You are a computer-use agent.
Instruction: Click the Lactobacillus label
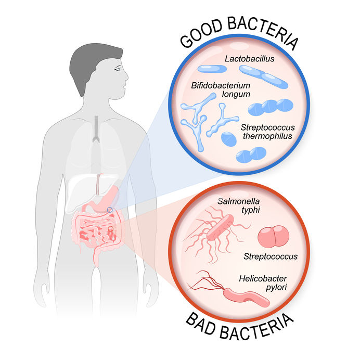(250, 59)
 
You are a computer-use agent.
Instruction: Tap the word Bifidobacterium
(221, 85)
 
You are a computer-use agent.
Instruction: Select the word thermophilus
(267, 136)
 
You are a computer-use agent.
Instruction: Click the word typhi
(250, 210)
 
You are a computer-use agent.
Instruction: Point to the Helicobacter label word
(263, 278)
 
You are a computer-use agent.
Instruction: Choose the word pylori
(276, 288)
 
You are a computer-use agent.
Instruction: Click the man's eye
(118, 69)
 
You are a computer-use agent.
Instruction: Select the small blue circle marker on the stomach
(110, 210)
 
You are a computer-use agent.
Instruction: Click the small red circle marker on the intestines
(111, 228)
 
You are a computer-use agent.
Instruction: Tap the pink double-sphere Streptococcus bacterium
(273, 237)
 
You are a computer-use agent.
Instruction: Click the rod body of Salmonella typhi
(220, 227)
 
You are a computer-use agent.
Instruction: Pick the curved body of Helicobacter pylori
(247, 298)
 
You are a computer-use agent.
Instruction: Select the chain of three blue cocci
(271, 107)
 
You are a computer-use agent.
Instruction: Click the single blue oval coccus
(229, 139)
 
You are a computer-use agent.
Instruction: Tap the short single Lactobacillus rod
(212, 69)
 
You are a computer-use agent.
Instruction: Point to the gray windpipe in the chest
(96, 129)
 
